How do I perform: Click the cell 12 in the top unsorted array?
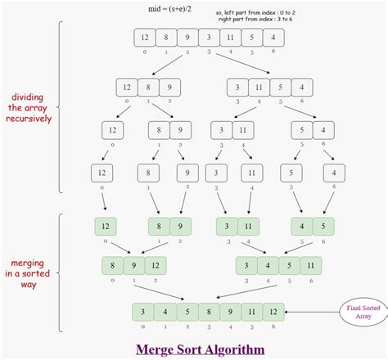pyautogui.click(x=144, y=38)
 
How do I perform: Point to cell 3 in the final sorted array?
pyautogui.click(x=144, y=312)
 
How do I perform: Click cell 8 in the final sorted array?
pyautogui.click(x=208, y=312)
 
